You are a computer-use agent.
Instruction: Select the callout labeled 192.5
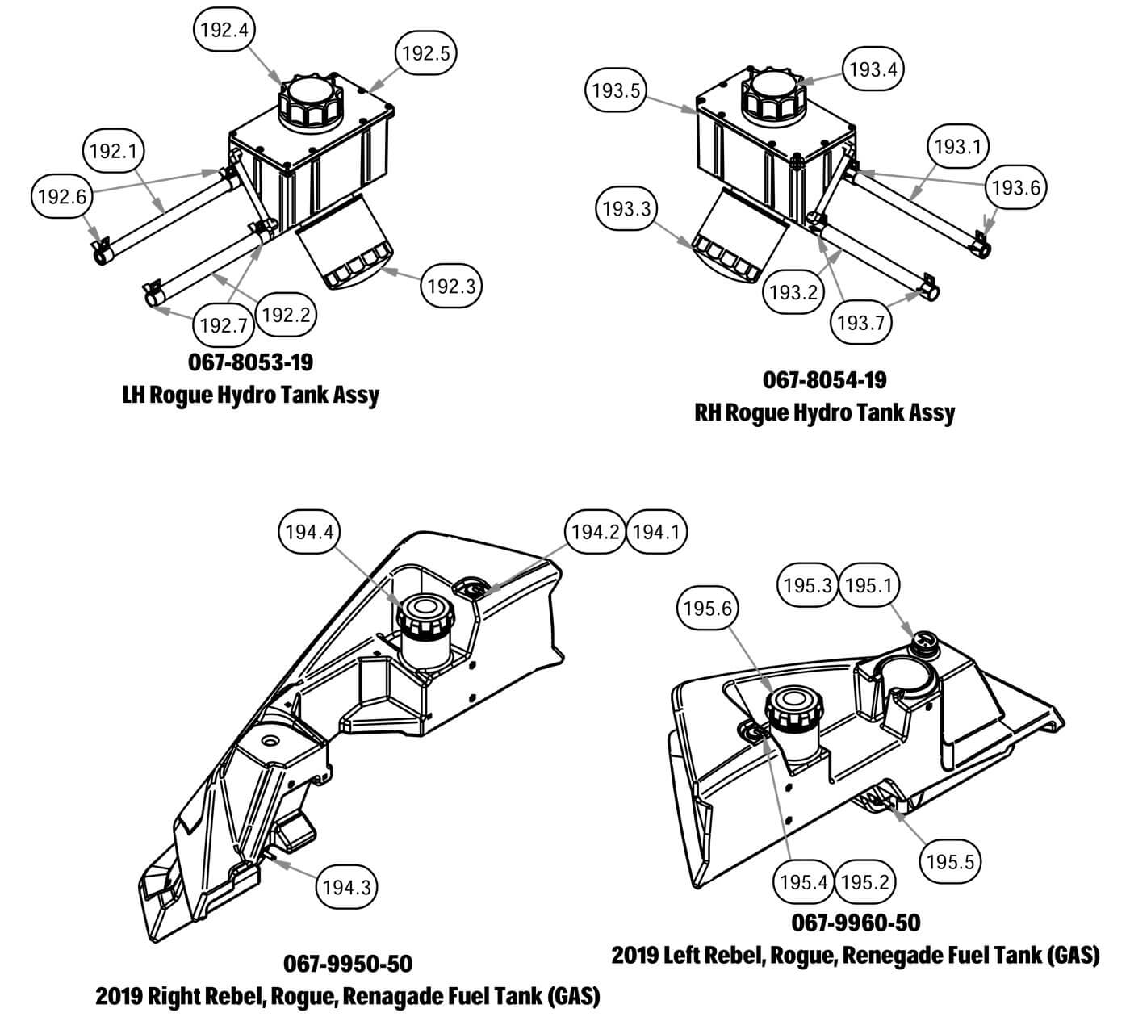(427, 53)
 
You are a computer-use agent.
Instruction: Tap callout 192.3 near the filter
(452, 286)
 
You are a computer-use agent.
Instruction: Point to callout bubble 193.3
(626, 210)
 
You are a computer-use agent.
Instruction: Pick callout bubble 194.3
(346, 888)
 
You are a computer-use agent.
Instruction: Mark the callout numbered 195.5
(951, 861)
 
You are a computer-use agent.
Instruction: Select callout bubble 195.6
(708, 609)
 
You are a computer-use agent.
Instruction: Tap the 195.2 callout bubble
(864, 882)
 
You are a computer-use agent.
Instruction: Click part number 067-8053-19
(250, 362)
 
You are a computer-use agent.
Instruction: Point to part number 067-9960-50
(856, 922)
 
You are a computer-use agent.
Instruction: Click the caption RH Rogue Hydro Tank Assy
(824, 412)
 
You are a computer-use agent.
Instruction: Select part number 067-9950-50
(348, 964)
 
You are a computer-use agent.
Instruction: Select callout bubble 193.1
(957, 147)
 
